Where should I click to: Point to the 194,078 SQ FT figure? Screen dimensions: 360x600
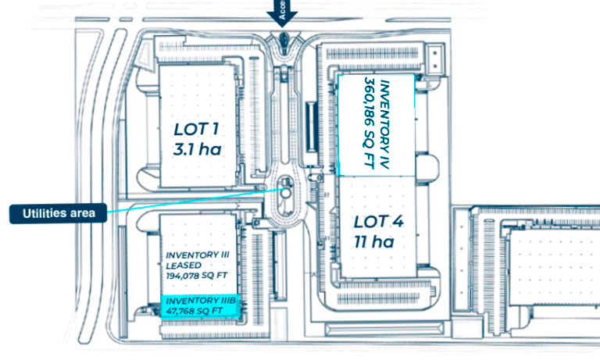197,275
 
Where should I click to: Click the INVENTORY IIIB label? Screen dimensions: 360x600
198,300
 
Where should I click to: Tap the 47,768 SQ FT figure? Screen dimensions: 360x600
195,310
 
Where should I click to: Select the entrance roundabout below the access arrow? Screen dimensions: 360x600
283,40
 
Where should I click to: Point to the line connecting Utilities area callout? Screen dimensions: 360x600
187,201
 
